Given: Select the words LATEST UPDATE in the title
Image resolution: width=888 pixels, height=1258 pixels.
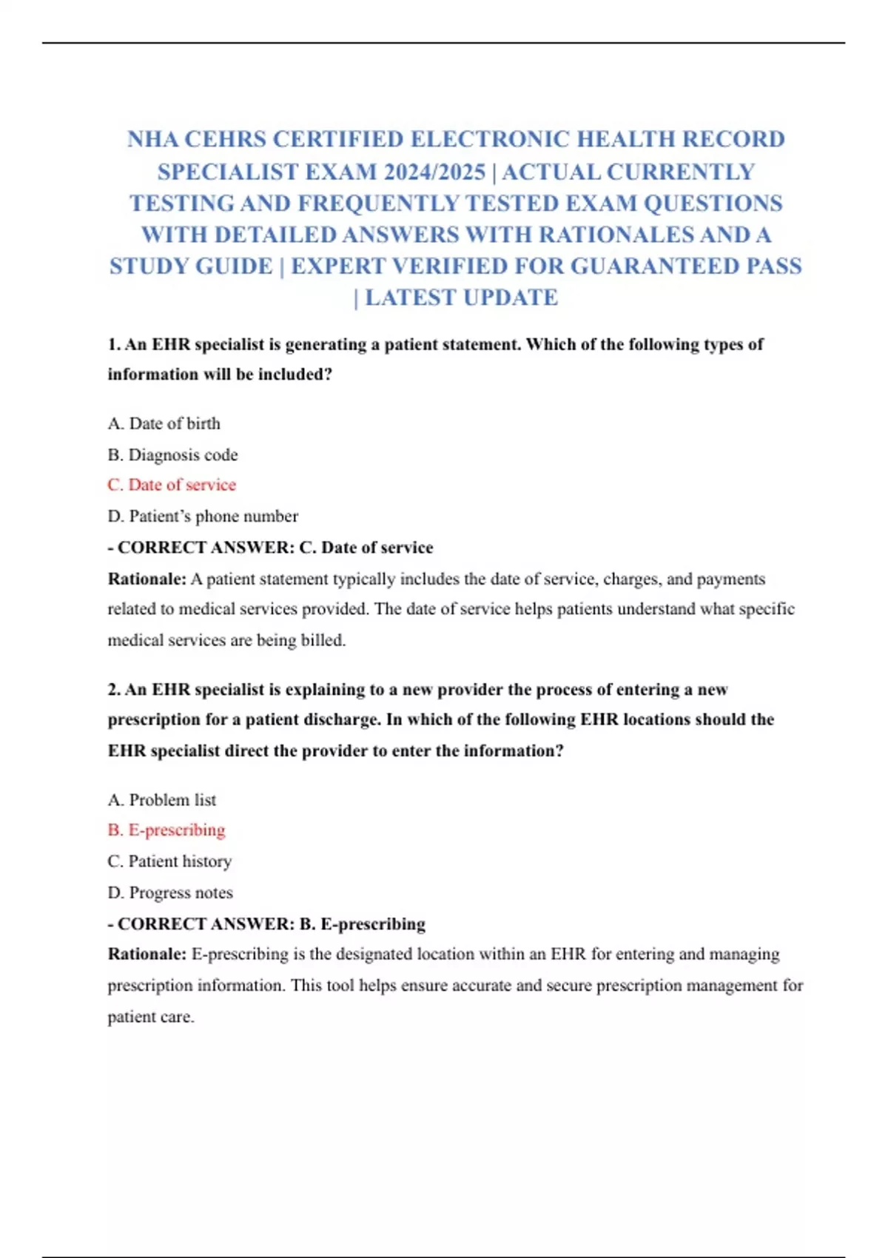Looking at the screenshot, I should [x=461, y=297].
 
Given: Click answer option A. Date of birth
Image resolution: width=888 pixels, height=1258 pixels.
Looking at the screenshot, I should [x=164, y=423].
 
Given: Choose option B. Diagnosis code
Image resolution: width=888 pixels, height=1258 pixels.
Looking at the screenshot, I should [x=172, y=454].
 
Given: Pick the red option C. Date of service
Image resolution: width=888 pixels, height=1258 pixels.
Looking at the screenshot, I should [x=172, y=485].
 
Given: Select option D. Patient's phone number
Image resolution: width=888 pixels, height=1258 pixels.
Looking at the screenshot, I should [x=203, y=516].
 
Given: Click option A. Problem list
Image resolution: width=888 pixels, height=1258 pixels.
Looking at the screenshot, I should [x=162, y=800].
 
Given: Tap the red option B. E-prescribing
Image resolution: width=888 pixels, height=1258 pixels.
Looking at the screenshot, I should [x=166, y=830].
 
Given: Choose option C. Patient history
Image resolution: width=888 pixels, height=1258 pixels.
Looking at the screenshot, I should [x=169, y=861].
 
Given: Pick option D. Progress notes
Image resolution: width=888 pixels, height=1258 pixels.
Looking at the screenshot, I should [x=170, y=892].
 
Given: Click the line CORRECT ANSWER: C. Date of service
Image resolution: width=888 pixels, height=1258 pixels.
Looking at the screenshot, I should [x=271, y=548].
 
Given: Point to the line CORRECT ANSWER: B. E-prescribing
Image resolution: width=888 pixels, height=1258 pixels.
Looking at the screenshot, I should [x=267, y=924].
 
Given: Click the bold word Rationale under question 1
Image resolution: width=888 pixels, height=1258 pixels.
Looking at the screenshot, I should [x=147, y=579].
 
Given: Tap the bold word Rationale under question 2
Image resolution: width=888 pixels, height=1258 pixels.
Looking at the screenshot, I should [x=147, y=954].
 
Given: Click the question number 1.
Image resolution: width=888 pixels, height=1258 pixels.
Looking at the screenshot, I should [x=114, y=344].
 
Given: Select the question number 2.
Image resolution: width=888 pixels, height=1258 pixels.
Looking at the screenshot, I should [x=114, y=689].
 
